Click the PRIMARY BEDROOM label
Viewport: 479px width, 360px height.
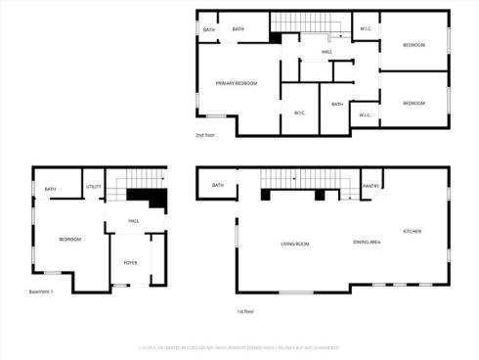coord(237,84)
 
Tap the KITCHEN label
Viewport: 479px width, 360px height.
coord(413,231)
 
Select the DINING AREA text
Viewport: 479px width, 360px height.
coord(368,242)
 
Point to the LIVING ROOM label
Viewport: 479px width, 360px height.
coord(295,243)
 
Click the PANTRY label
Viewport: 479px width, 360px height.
coord(370,185)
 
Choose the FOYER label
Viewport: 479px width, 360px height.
coord(130,263)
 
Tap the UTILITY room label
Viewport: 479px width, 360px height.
coord(94,186)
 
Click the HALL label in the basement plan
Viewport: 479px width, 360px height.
coord(134,221)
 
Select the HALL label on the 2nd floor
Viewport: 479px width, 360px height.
coord(327,52)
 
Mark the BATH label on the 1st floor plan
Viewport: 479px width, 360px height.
coord(218,185)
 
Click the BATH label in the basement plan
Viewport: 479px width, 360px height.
coord(50,189)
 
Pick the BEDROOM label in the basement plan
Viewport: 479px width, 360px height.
coord(69,239)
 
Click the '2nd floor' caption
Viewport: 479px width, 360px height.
coord(205,135)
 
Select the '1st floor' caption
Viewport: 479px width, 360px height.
coord(245,311)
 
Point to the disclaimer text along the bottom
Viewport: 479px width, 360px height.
coord(239,345)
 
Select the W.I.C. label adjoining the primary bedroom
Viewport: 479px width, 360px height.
coord(300,112)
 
